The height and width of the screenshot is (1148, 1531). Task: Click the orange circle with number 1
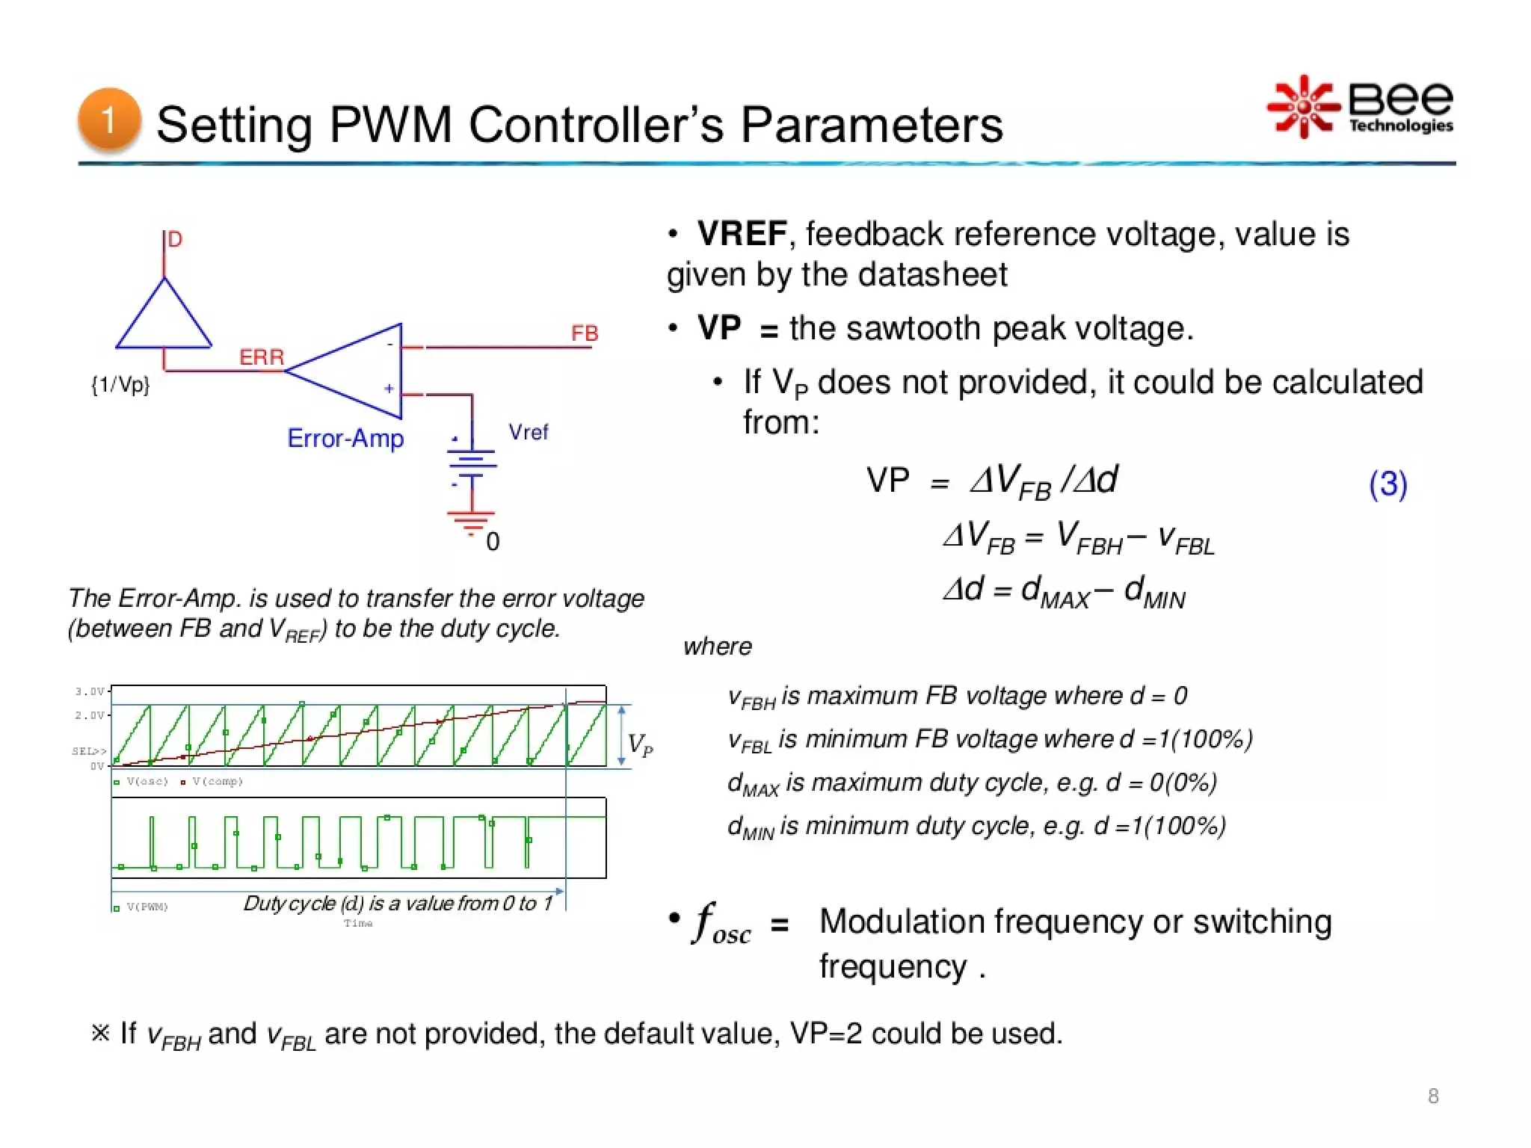(x=109, y=120)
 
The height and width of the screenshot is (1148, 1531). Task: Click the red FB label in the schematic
(x=585, y=333)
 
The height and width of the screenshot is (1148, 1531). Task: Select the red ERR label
(x=261, y=357)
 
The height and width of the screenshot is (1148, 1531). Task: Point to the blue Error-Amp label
(x=345, y=438)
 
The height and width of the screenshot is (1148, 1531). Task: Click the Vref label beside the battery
(x=528, y=432)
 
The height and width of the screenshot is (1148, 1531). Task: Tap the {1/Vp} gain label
(x=120, y=385)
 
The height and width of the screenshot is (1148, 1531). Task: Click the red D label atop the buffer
(x=175, y=239)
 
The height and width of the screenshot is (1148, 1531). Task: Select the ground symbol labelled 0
(x=472, y=523)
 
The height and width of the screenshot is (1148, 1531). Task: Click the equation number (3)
(x=1387, y=484)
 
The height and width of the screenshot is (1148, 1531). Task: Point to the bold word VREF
(x=741, y=234)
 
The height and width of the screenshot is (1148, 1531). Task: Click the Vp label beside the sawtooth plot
(x=640, y=744)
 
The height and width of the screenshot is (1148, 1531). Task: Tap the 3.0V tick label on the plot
(x=89, y=691)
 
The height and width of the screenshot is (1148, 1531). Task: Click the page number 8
(x=1432, y=1096)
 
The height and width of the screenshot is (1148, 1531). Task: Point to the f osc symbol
(x=722, y=923)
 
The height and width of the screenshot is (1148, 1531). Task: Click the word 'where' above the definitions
(x=717, y=646)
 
